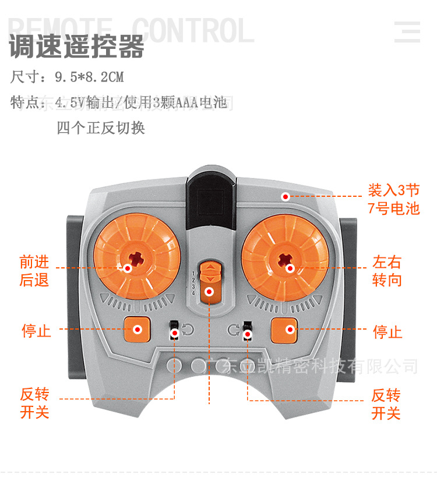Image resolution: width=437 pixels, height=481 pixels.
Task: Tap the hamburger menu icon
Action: (407, 31)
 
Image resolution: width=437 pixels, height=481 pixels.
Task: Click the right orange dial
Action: (285, 256)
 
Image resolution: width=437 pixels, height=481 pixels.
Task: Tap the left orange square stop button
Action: (138, 330)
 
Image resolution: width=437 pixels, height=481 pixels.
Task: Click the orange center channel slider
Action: (209, 282)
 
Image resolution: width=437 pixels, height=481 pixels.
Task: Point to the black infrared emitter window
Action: (211, 193)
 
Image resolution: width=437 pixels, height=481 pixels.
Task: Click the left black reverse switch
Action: (174, 330)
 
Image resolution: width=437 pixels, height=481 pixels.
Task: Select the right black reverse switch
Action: (248, 330)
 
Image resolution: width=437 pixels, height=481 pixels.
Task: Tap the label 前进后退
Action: (34, 271)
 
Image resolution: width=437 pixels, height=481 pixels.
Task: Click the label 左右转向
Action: (387, 271)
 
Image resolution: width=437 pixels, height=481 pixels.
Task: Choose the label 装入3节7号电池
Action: (394, 199)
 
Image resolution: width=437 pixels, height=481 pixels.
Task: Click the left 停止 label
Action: (36, 331)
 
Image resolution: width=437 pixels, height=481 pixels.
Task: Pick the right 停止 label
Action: (387, 332)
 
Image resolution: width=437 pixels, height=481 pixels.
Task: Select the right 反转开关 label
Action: (386, 404)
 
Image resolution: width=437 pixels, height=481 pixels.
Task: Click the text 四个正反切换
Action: (101, 128)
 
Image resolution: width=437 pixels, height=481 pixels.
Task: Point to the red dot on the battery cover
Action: (286, 197)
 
